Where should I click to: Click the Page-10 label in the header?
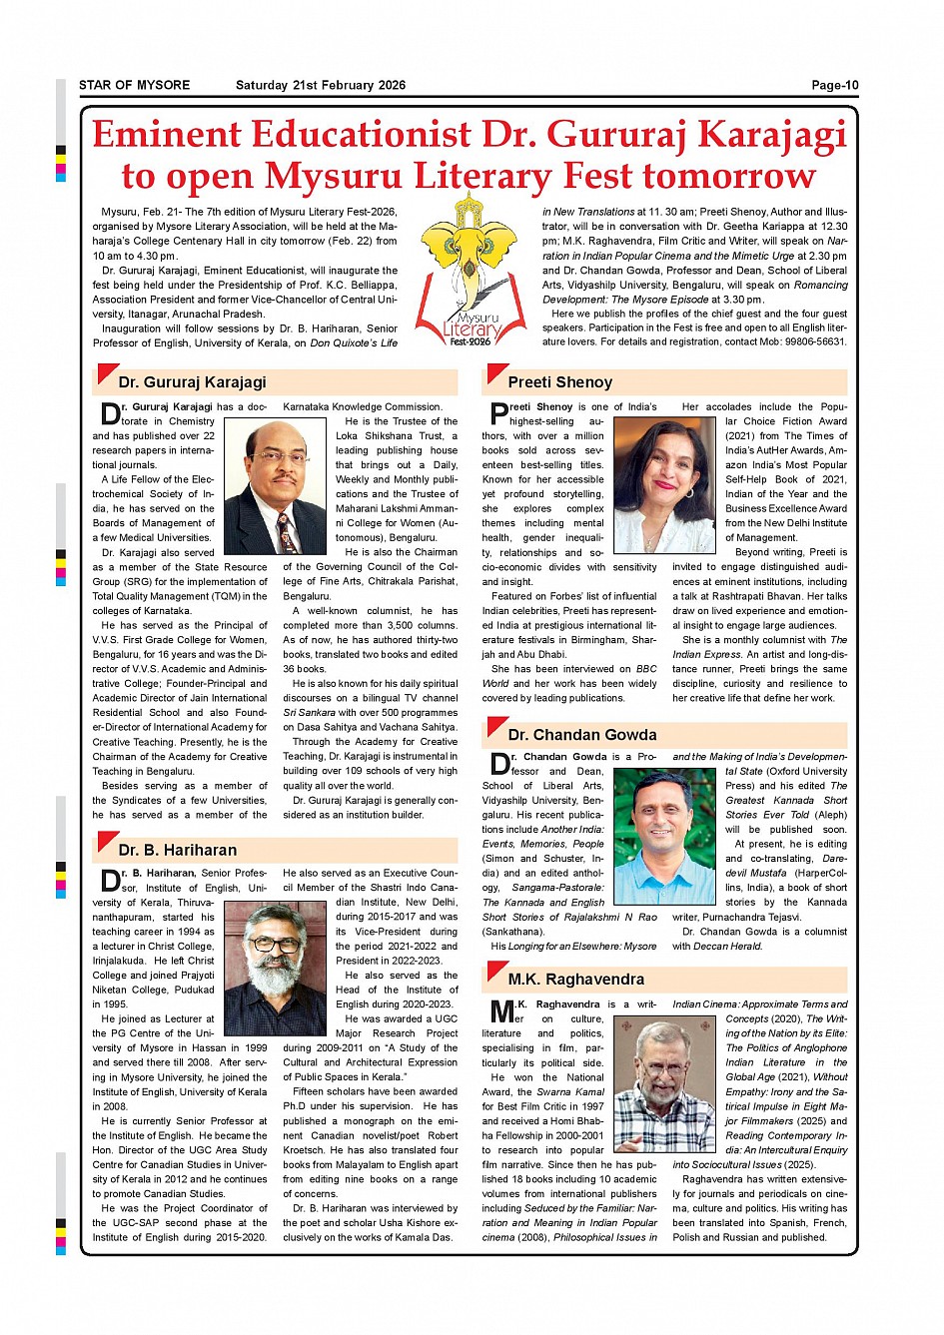pyautogui.click(x=834, y=85)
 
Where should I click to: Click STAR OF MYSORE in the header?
pyautogui.click(x=134, y=85)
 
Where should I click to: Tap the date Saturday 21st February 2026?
pyautogui.click(x=320, y=85)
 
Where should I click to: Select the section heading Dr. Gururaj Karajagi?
pyautogui.click(x=192, y=382)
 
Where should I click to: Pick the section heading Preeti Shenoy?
pyautogui.click(x=559, y=382)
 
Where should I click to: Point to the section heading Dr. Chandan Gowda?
pyautogui.click(x=581, y=735)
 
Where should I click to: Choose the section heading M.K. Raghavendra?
pyautogui.click(x=575, y=980)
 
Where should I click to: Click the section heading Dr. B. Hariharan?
pyautogui.click(x=177, y=851)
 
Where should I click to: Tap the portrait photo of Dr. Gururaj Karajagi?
pyautogui.click(x=276, y=486)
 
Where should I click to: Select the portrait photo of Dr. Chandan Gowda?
pyautogui.click(x=663, y=837)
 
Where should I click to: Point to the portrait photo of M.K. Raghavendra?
pyautogui.click(x=663, y=1085)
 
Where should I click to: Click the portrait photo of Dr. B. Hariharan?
pyautogui.click(x=276, y=967)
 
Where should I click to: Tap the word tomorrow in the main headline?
pyautogui.click(x=729, y=176)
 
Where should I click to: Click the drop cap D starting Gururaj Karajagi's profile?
pyautogui.click(x=110, y=414)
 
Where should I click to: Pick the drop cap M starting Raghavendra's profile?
pyautogui.click(x=501, y=1011)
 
